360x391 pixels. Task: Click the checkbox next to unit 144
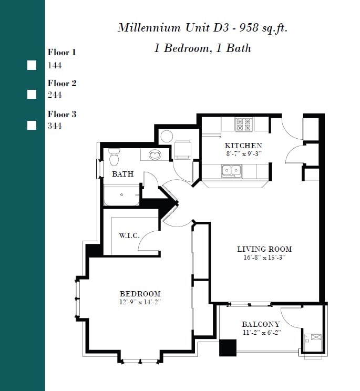pos(32,65)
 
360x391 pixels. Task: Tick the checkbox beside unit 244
pos(32,95)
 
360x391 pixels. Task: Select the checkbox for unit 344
pos(32,125)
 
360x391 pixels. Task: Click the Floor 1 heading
pos(62,52)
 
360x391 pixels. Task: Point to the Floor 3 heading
pos(62,114)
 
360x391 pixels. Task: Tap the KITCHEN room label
pos(243,146)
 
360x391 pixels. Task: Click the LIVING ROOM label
pos(264,249)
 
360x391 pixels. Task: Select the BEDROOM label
pos(140,294)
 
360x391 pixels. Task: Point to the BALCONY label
pos(261,324)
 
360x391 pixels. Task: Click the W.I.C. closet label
pos(129,235)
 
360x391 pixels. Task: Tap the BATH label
pos(122,174)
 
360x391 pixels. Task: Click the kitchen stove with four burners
pos(243,124)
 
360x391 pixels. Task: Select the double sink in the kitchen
pos(231,170)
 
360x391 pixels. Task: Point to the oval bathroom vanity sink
pos(155,155)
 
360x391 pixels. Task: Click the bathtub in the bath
pos(122,195)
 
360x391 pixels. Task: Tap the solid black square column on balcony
pos(228,348)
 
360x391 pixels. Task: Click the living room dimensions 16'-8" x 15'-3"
pos(264,258)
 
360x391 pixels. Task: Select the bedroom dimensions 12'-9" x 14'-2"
pos(140,302)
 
